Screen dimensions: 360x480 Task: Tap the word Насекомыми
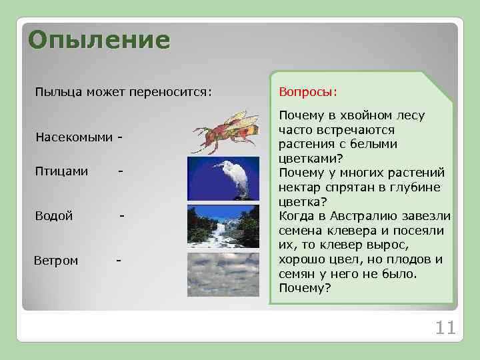point(74,137)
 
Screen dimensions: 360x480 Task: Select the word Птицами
point(61,171)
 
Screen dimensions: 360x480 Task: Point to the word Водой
point(54,216)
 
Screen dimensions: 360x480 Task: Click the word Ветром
point(56,260)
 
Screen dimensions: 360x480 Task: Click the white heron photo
point(223,178)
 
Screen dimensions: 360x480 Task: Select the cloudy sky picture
point(223,275)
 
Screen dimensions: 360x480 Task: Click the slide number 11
point(445,327)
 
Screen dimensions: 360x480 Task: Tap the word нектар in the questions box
point(299,187)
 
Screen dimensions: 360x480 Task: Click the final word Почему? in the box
point(305,288)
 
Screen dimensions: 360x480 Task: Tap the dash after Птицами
point(119,171)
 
